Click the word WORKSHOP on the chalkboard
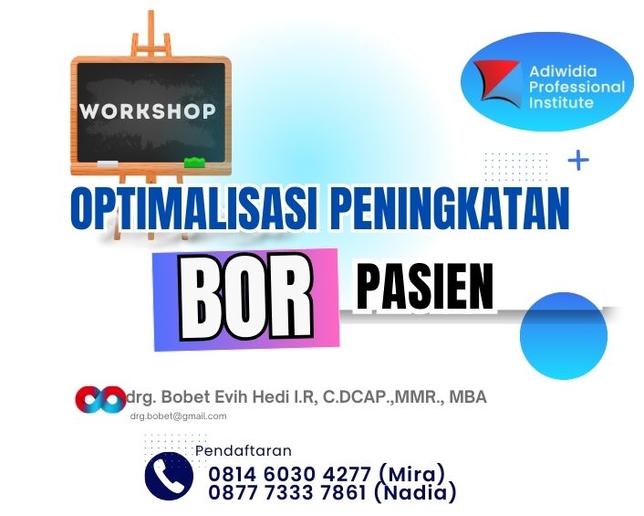147,111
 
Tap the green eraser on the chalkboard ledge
195,163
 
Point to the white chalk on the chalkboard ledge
108,163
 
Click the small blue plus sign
578,161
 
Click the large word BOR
245,300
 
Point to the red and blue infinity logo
100,399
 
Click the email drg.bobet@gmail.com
178,416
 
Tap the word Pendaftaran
244,451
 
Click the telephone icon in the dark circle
169,476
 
